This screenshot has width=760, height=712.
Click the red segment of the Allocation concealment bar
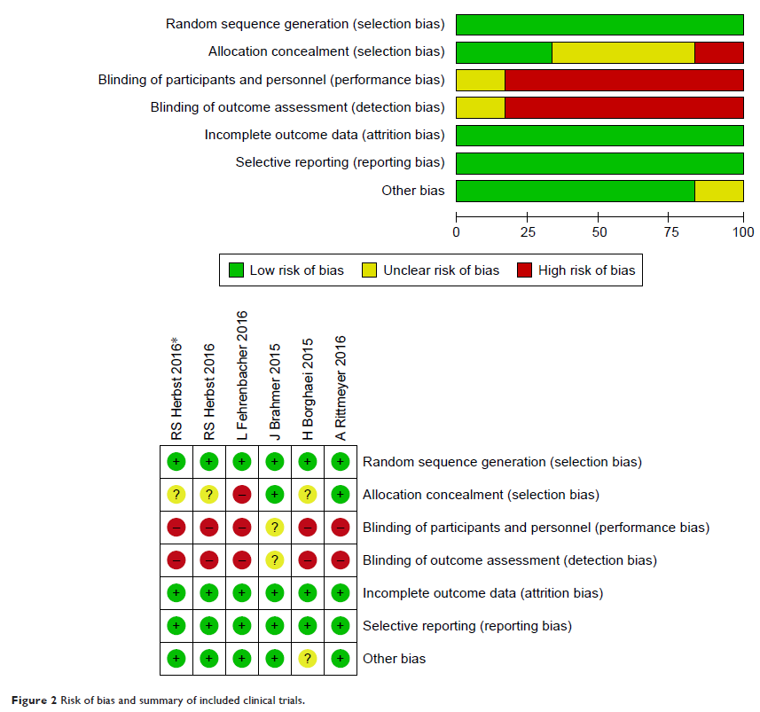tap(718, 52)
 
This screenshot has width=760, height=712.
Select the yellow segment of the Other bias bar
tap(718, 191)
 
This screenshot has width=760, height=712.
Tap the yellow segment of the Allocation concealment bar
tap(623, 52)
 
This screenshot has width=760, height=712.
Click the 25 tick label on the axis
tap(528, 232)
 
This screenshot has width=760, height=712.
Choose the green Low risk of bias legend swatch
tap(237, 270)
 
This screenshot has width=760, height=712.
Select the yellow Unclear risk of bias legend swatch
tap(371, 270)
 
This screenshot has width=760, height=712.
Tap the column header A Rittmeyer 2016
tap(341, 387)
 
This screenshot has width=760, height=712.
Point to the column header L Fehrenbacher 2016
tap(242, 375)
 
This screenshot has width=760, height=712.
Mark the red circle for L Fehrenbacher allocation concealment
tap(242, 495)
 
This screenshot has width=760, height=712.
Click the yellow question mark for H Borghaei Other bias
tap(308, 659)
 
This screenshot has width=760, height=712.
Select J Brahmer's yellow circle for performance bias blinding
tap(275, 528)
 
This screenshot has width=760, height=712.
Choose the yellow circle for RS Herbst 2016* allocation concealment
tap(176, 495)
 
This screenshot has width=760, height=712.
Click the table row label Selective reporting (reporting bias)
tap(466, 626)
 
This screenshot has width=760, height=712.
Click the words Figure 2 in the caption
tap(32, 700)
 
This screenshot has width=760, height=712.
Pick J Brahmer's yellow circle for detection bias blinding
tap(275, 560)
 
